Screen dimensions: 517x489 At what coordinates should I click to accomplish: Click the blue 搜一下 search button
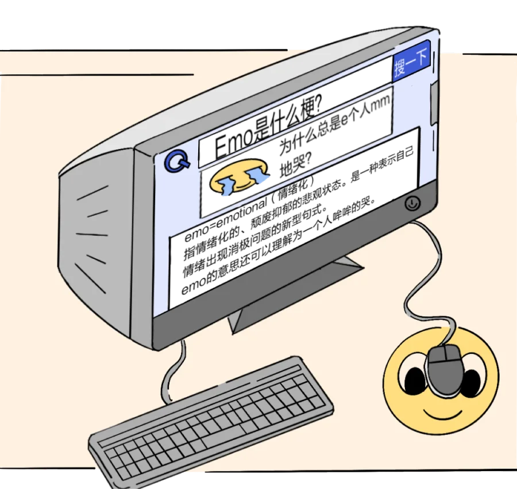pyautogui.click(x=411, y=62)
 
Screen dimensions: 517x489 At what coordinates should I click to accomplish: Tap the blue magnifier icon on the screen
pyautogui.click(x=178, y=162)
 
